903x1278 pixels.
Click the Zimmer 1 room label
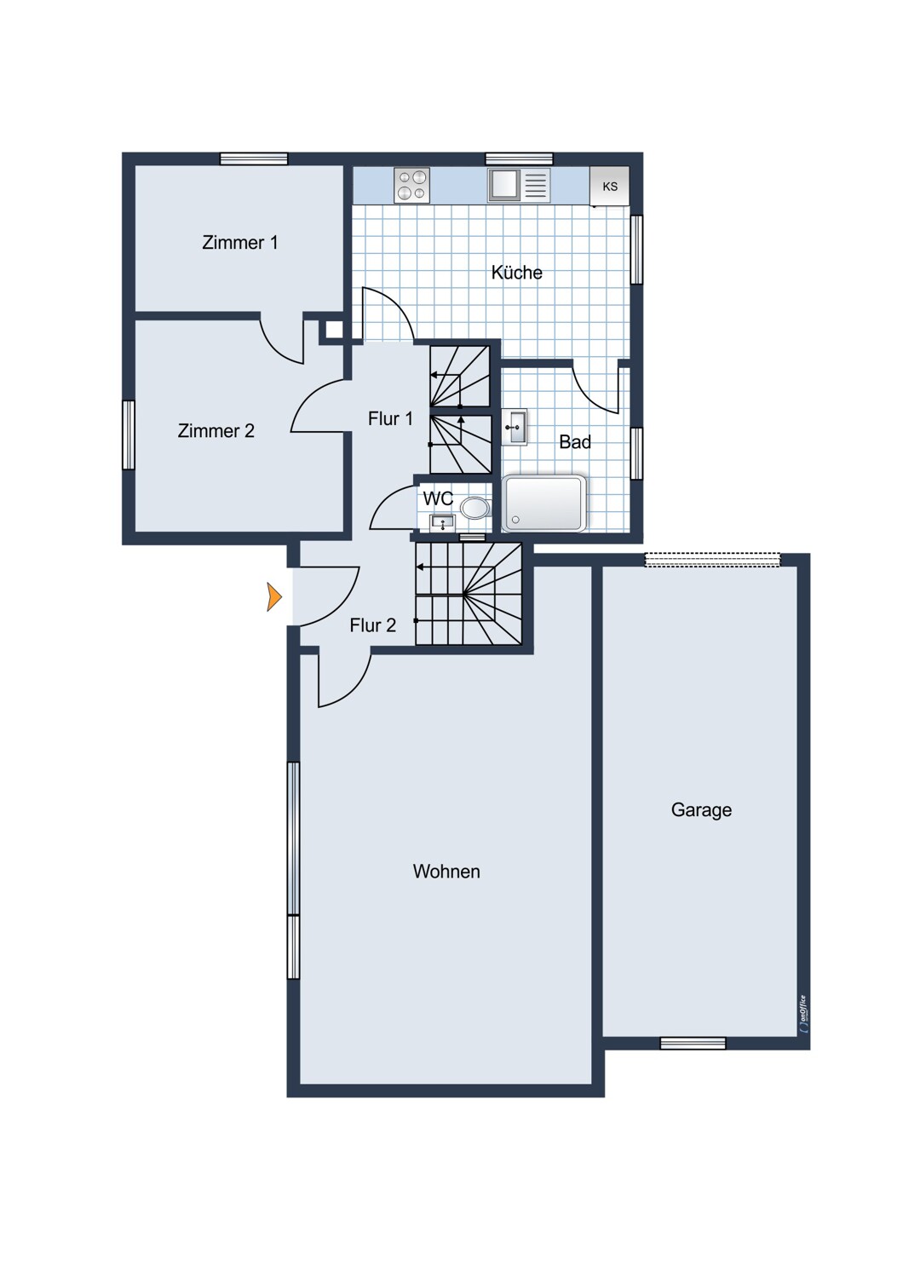click(x=239, y=243)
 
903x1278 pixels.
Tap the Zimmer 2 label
click(x=216, y=431)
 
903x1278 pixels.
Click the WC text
click(x=438, y=498)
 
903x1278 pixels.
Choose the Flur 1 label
click(x=390, y=419)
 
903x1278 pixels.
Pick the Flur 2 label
click(x=372, y=625)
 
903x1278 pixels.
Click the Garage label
click(x=701, y=810)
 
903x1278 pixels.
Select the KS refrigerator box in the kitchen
click(x=609, y=186)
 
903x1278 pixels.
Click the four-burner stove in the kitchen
click(x=411, y=186)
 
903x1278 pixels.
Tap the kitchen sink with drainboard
click(x=519, y=185)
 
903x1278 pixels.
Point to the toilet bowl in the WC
click(x=475, y=507)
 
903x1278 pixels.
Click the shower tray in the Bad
click(x=544, y=504)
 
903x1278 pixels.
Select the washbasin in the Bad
click(x=515, y=427)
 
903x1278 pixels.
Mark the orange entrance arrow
click(x=274, y=596)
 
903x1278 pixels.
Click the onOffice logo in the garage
click(x=803, y=1016)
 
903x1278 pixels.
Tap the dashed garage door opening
click(x=712, y=560)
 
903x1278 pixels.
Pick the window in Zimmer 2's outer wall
click(x=129, y=435)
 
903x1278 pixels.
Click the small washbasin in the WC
click(x=442, y=522)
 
